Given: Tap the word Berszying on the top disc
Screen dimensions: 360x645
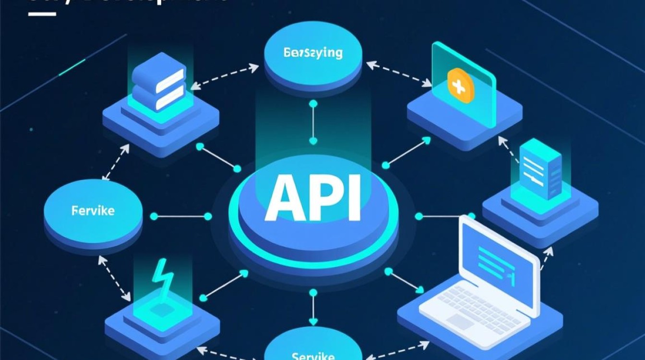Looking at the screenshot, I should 313,52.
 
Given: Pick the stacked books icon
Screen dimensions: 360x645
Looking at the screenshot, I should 158,83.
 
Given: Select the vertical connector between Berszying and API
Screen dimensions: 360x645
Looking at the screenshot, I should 313,122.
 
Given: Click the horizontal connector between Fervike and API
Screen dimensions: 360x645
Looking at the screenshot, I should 180,216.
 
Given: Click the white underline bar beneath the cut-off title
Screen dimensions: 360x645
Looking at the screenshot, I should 42,13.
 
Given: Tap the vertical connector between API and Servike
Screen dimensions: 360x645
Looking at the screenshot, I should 313,307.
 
